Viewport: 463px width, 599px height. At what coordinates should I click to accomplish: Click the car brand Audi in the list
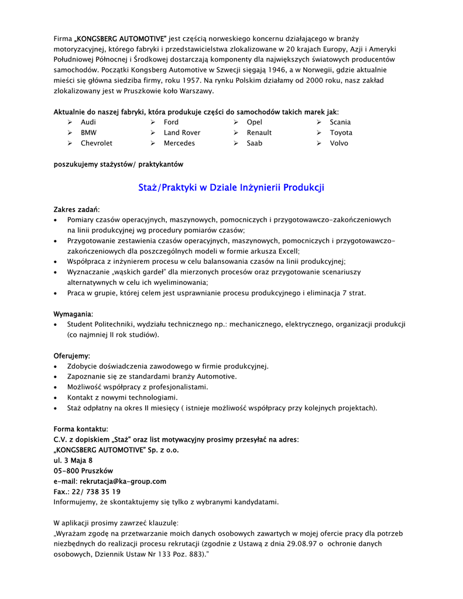pyautogui.click(x=88, y=122)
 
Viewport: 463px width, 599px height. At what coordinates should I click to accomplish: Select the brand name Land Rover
pyautogui.click(x=181, y=133)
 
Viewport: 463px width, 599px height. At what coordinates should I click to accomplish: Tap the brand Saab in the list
pyautogui.click(x=254, y=143)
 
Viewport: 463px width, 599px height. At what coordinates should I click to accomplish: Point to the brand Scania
pyautogui.click(x=340, y=122)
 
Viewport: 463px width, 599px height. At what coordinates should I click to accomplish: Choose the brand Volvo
pyautogui.click(x=338, y=143)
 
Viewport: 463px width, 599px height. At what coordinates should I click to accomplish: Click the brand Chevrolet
pyautogui.click(x=97, y=143)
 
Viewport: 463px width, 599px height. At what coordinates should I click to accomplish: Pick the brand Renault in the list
pyautogui.click(x=259, y=133)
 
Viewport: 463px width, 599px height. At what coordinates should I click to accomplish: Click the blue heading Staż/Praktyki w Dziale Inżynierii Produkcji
pyautogui.click(x=231, y=188)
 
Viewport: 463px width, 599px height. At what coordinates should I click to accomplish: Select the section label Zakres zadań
pyautogui.click(x=77, y=209)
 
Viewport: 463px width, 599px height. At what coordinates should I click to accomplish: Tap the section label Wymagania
pyautogui.click(x=73, y=314)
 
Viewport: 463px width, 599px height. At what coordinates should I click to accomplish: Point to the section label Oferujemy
pyautogui.click(x=72, y=356)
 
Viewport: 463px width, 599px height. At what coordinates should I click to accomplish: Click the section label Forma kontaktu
pyautogui.click(x=81, y=429)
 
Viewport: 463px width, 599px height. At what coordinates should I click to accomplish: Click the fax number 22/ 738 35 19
pyautogui.click(x=96, y=492)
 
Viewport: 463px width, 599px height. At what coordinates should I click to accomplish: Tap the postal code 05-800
pyautogui.click(x=66, y=471)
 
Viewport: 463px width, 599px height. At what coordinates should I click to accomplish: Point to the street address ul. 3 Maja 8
pyautogui.click(x=73, y=460)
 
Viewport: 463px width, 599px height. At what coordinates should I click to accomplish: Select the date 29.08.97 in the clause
pyautogui.click(x=299, y=544)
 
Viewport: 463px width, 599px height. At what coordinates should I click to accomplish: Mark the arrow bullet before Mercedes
pyautogui.click(x=152, y=143)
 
